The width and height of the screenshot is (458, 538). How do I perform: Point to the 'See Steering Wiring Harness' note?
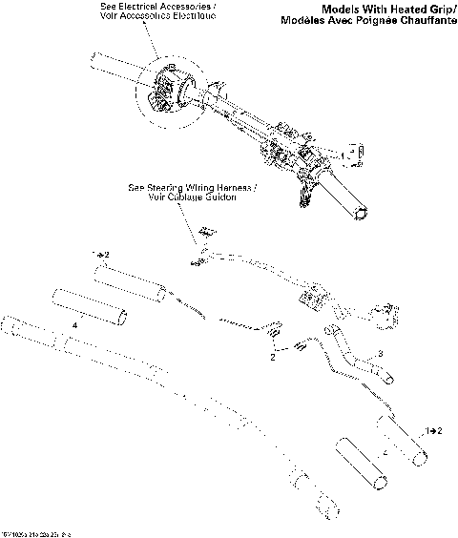[x=183, y=187]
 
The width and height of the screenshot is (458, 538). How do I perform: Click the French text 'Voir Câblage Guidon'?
[x=183, y=197]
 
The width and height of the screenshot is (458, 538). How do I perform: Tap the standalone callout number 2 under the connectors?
[x=272, y=356]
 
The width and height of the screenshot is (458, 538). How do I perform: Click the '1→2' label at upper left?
[x=101, y=256]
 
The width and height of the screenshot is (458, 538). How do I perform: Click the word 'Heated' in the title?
[x=374, y=9]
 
